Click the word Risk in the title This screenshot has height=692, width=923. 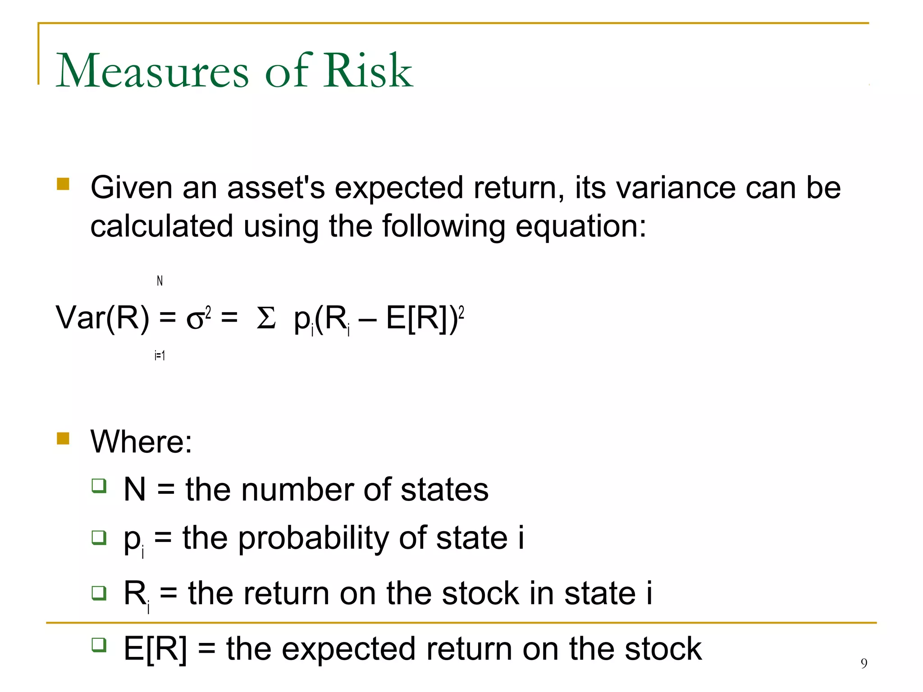368,71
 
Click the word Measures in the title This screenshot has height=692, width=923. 152,71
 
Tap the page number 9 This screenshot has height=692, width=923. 864,663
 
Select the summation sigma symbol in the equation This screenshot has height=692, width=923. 265,318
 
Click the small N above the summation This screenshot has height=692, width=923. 160,281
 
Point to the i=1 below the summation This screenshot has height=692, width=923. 160,355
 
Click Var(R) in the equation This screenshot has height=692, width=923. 102,318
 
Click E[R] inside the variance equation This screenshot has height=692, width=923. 417,318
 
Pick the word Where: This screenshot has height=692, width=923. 141,442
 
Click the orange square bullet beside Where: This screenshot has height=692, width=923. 63,438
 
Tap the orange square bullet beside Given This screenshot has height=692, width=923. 63,184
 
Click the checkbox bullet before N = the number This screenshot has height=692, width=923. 99,486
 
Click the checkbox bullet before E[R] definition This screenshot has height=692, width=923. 99,645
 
